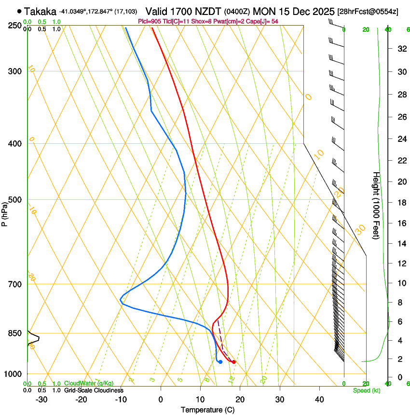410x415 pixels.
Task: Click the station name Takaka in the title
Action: [x=40, y=11]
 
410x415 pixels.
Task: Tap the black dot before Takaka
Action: [x=19, y=11]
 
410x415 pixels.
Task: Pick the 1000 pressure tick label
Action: [x=13, y=374]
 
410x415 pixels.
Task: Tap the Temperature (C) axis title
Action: [x=207, y=410]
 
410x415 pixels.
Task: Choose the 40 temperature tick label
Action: [x=319, y=400]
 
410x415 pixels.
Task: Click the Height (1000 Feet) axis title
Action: [x=376, y=205]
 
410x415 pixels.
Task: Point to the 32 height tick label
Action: [x=401, y=48]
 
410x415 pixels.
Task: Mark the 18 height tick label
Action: [x=401, y=202]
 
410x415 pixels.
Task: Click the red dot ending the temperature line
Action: [x=234, y=362]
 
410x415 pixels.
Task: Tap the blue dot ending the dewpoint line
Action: [x=220, y=361]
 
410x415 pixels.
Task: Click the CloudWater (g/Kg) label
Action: [x=85, y=384]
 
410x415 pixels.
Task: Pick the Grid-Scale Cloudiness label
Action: [x=94, y=390]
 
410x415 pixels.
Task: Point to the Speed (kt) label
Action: [x=366, y=390]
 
